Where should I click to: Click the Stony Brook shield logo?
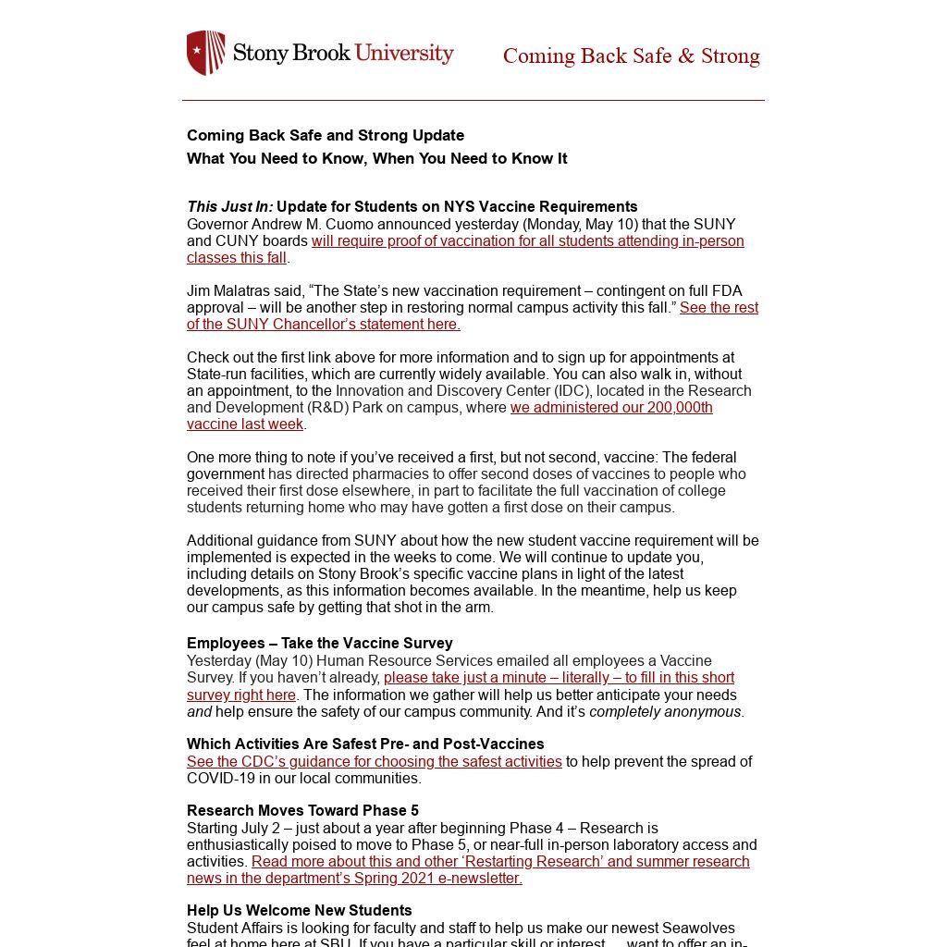(x=205, y=53)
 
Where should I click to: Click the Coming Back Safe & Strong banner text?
(x=631, y=56)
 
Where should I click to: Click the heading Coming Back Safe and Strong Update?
(x=326, y=135)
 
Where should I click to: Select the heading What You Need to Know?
(x=376, y=158)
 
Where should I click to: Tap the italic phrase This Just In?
(x=229, y=206)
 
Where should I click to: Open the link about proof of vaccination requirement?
(x=527, y=241)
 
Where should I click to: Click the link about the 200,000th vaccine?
(x=610, y=408)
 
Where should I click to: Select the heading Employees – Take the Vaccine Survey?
(x=319, y=643)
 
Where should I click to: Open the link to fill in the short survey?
(x=559, y=678)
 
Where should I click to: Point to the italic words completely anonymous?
(x=665, y=712)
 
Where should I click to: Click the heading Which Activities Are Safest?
(x=365, y=744)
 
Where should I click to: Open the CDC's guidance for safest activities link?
(x=375, y=761)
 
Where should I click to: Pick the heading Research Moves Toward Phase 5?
(x=302, y=810)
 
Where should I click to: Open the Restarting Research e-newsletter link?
(x=499, y=862)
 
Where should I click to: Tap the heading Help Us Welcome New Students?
(x=299, y=910)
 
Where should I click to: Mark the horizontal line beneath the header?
(x=473, y=100)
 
